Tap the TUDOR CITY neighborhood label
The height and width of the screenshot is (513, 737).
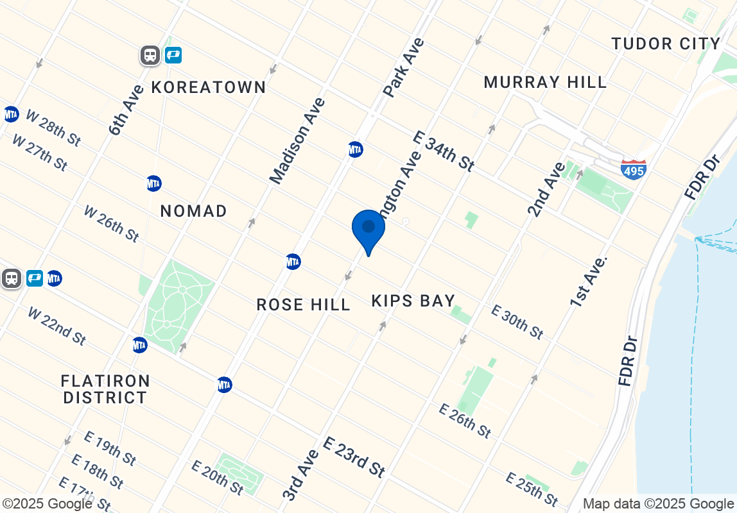(666, 44)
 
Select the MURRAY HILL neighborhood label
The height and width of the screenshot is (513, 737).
(545, 82)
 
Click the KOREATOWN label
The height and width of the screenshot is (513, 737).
(209, 87)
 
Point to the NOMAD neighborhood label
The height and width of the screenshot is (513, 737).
(193, 211)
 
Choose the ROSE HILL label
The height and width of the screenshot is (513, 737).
(303, 305)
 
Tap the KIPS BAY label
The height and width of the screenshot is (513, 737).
(413, 301)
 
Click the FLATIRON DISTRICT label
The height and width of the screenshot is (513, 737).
(105, 389)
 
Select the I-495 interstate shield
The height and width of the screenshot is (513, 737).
(634, 169)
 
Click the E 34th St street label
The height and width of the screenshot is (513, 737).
(444, 151)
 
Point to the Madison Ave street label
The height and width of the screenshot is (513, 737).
(297, 141)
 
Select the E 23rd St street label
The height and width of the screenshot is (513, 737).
(354, 457)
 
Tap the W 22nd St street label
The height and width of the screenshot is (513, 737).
(56, 325)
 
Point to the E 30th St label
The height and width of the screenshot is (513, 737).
(517, 322)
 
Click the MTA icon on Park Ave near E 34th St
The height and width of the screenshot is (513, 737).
(355, 149)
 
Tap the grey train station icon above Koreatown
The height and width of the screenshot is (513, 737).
(150, 55)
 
